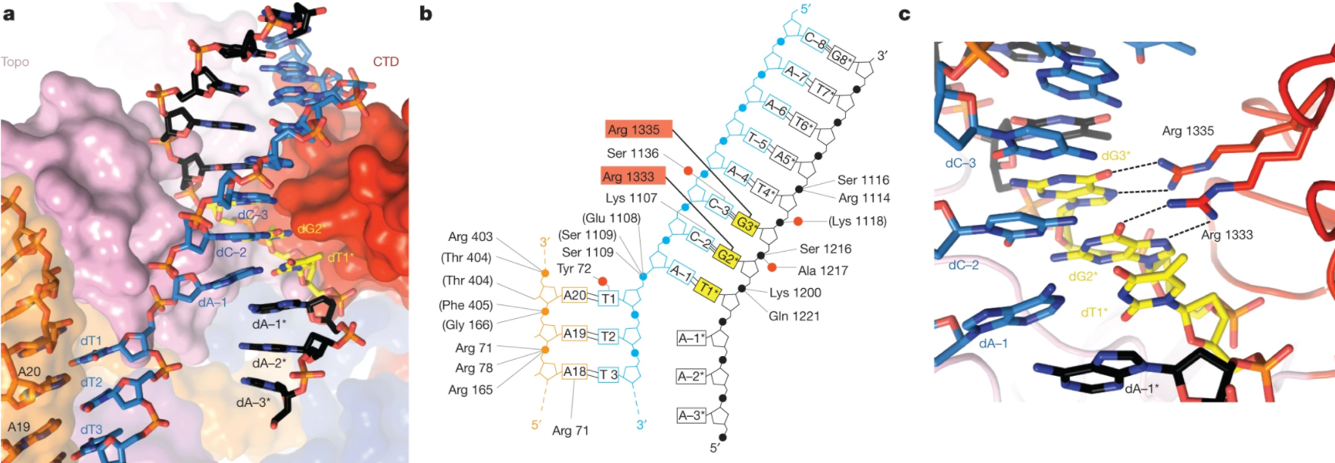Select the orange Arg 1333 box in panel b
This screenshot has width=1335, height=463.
[x=633, y=177]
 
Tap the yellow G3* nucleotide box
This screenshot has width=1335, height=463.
[x=746, y=225]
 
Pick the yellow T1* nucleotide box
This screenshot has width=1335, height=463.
[x=706, y=289]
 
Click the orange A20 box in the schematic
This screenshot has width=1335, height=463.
[x=575, y=296]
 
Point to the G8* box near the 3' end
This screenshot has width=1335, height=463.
[x=841, y=57]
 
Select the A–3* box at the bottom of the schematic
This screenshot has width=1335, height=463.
[x=691, y=415]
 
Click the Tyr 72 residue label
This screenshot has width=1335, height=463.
[x=574, y=269]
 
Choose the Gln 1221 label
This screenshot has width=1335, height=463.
[x=794, y=316]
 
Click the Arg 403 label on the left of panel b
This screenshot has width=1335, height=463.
[x=470, y=237]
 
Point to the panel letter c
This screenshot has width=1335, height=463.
[x=904, y=14]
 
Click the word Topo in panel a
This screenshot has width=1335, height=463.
[x=15, y=62]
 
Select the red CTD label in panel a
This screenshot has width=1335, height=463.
[x=385, y=61]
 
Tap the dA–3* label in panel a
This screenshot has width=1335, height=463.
[x=253, y=402]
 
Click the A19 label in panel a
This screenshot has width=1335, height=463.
[x=19, y=427]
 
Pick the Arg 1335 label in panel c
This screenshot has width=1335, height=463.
[x=1187, y=131]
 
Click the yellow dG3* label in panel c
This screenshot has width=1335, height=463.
[x=1116, y=155]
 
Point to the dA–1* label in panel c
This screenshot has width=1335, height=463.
[x=1147, y=389]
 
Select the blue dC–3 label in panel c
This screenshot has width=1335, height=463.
[x=960, y=163]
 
